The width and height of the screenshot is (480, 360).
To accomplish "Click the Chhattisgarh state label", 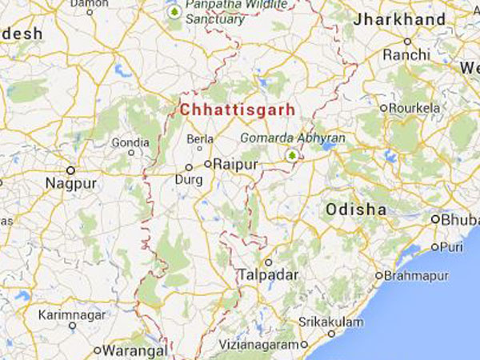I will point(237,109).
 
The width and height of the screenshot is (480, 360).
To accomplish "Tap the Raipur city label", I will point(239,164).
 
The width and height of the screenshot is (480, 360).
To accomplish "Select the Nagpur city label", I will point(70,184).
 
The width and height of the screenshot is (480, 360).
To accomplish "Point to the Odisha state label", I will point(356,210).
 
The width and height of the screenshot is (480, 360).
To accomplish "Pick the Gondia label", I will point(130,142).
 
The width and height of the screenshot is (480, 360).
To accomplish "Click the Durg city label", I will point(188,180).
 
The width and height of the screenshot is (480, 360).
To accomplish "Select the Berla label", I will point(199,139).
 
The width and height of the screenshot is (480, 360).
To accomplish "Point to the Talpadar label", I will point(267,275).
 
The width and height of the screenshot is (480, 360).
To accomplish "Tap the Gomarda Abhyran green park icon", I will point(293,154).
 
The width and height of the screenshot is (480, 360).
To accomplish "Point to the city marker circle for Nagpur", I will point(70,170).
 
